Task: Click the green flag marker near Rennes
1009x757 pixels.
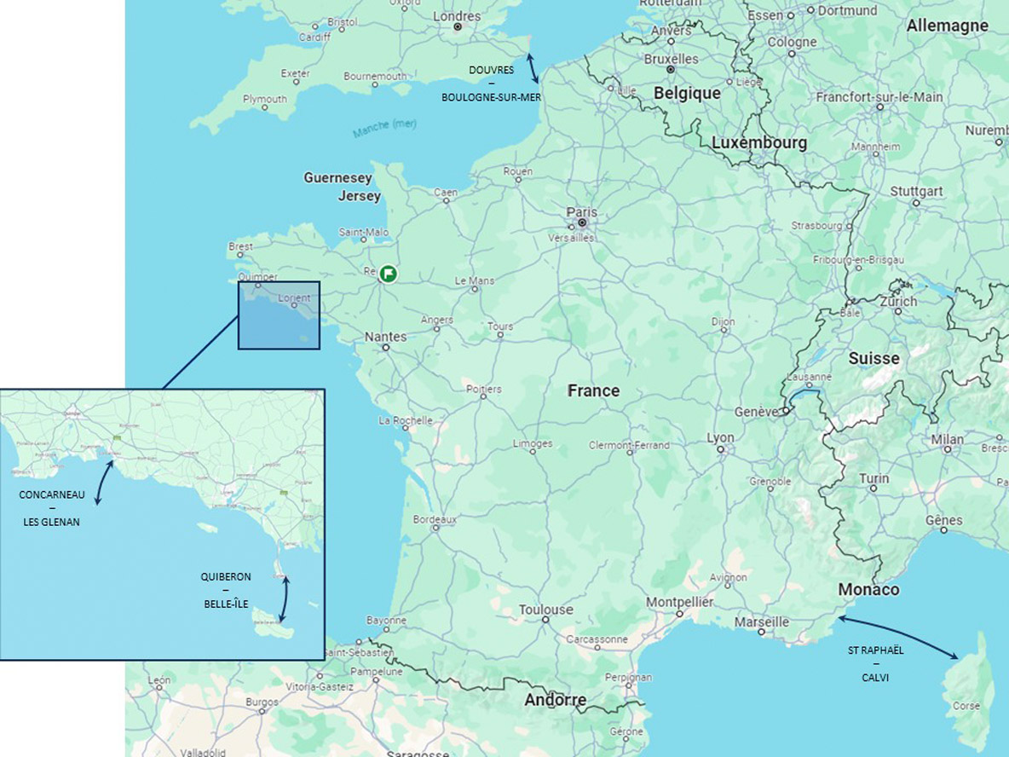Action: (389, 273)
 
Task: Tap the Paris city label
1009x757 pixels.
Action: (582, 212)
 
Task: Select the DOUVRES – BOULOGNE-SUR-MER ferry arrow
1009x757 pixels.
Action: (532, 67)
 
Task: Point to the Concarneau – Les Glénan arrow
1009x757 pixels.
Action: (104, 483)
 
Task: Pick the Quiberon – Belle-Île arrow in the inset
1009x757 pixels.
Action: (284, 600)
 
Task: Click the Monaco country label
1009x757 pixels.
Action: (868, 590)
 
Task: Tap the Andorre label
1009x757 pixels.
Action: (556, 700)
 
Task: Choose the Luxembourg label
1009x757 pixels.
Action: (759, 143)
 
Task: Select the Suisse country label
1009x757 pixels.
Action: (874, 358)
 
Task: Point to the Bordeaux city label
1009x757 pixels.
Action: (435, 518)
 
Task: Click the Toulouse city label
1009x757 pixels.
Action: (546, 610)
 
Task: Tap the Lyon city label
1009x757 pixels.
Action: (720, 437)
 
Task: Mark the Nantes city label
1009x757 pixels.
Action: (386, 337)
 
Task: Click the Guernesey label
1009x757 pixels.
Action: (338, 178)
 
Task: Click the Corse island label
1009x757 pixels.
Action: (966, 706)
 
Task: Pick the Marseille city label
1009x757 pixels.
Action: (762, 622)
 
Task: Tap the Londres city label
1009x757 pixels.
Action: (457, 16)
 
